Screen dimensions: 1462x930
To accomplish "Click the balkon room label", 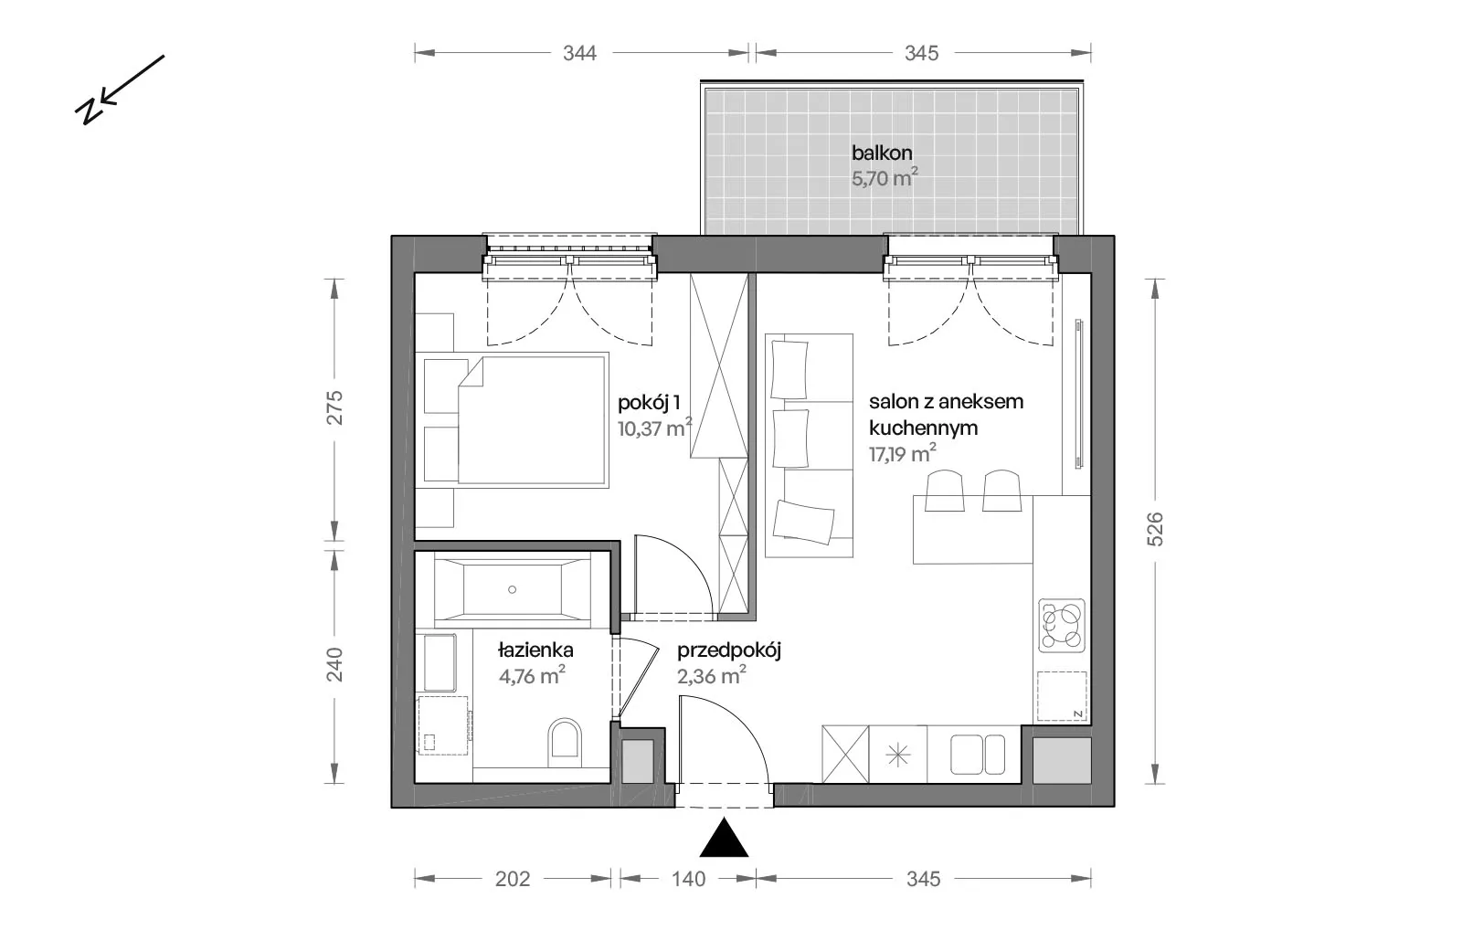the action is [881, 153].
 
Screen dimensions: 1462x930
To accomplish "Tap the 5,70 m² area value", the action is [885, 177].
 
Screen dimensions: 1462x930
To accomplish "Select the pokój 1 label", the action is [649, 403].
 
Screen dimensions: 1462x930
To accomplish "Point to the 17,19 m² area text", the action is [902, 453].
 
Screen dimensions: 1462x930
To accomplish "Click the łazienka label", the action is [535, 650].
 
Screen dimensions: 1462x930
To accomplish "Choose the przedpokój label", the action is [728, 650].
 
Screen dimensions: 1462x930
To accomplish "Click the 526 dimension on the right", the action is [1155, 529].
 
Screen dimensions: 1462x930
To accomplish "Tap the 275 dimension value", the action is [334, 407].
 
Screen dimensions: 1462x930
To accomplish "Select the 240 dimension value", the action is [334, 664].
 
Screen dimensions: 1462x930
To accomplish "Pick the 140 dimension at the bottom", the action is [689, 879].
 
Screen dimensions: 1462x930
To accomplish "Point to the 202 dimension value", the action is [513, 879].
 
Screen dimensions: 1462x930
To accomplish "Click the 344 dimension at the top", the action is [579, 53].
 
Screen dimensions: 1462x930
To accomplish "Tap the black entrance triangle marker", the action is [724, 838].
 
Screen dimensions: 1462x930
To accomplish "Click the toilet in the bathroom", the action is [565, 744].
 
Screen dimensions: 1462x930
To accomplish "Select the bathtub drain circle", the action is [513, 589].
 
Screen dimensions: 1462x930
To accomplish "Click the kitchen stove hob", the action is [1062, 626].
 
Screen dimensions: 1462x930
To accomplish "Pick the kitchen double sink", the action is [977, 755].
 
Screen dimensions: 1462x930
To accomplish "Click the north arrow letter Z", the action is [88, 112].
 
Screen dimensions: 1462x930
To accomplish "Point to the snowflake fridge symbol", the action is [898, 756].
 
